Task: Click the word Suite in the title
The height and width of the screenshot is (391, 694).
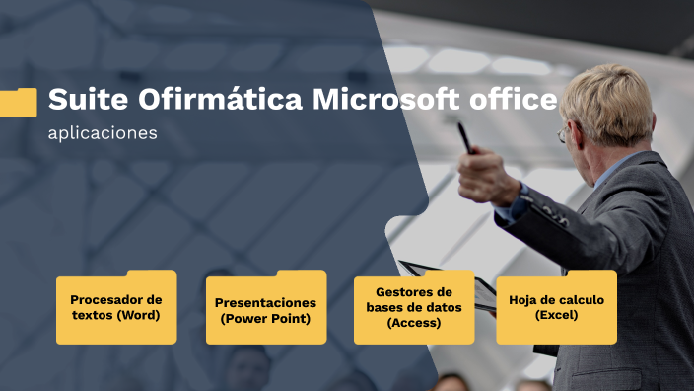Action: tap(85, 100)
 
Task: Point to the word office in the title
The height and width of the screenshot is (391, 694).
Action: tap(515, 100)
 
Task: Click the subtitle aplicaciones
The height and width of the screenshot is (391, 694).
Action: tap(103, 133)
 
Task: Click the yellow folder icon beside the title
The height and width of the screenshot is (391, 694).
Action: tap(18, 102)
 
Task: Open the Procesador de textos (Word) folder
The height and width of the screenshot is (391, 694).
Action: tap(116, 307)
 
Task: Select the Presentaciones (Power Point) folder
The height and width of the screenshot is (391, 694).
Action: tap(265, 307)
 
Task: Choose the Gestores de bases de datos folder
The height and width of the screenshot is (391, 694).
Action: tap(414, 307)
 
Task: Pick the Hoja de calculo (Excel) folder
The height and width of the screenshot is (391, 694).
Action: tap(556, 307)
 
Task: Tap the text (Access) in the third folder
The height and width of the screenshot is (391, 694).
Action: tap(414, 323)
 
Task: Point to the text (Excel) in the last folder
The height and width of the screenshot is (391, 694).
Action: tap(556, 316)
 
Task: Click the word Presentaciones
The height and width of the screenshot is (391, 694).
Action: tap(265, 302)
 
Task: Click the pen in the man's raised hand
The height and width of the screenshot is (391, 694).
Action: tap(463, 138)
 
